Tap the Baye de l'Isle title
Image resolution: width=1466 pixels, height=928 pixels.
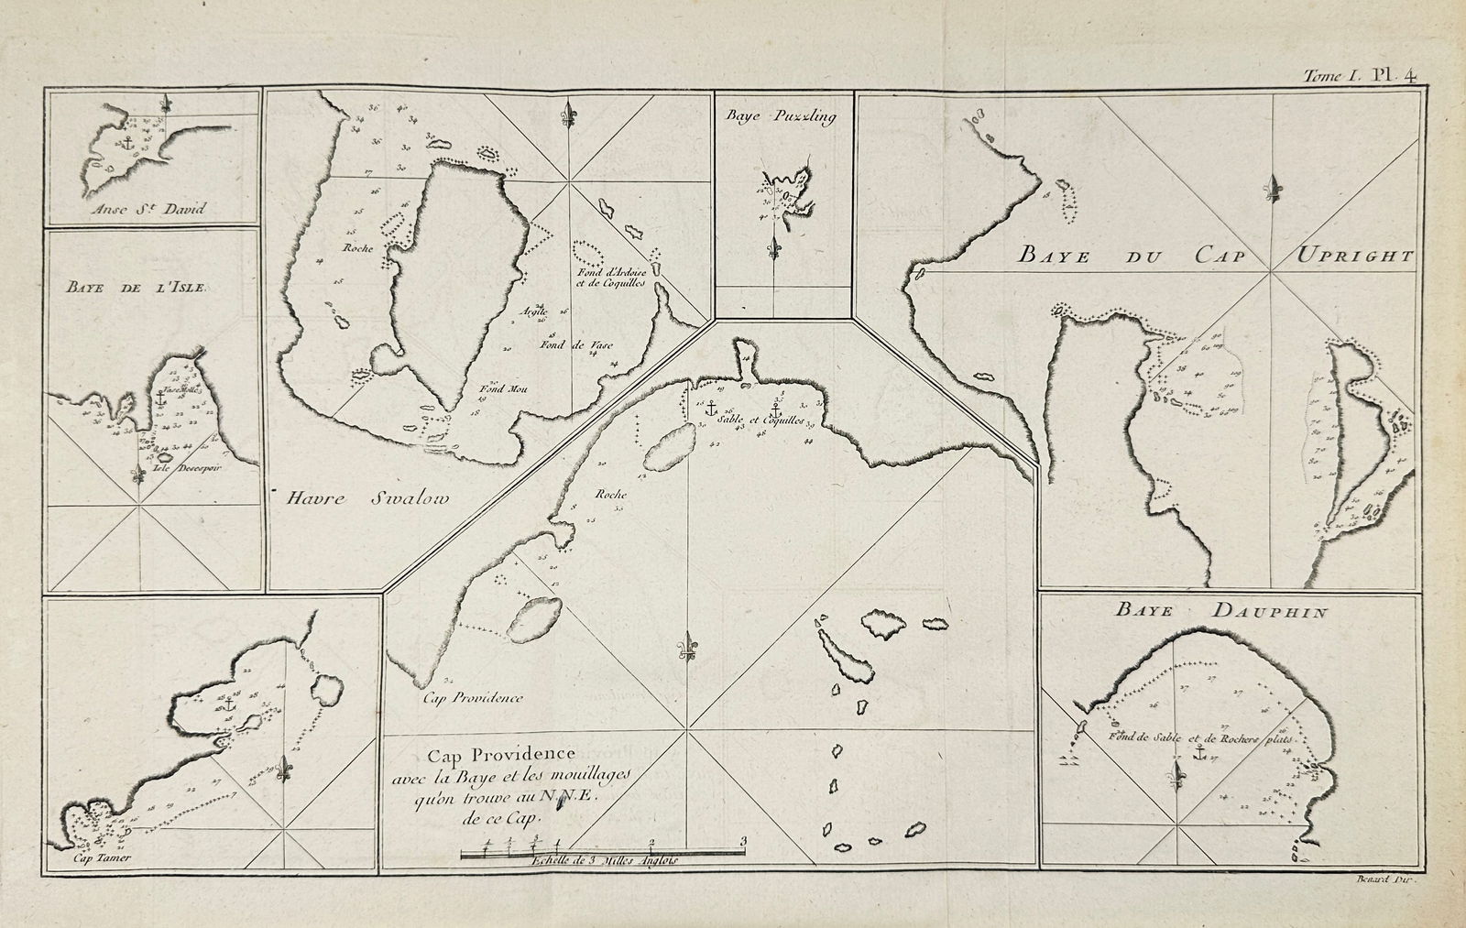137,287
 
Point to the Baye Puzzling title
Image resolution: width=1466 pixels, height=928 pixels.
782,116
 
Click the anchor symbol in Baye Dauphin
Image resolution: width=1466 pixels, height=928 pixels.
1198,753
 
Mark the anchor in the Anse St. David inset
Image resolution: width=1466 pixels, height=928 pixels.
127,144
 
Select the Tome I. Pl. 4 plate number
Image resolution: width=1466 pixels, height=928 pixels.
1363,78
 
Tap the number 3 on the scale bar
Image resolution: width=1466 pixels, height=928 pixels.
744,840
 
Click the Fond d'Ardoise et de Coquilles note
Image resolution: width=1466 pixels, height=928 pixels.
612,278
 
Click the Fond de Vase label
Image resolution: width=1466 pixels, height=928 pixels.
575,345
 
